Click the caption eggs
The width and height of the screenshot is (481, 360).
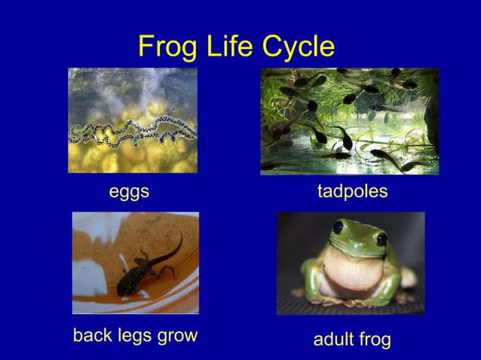[x=129, y=192]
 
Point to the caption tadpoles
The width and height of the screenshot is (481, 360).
[x=352, y=192]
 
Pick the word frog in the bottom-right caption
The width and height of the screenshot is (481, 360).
[x=375, y=340]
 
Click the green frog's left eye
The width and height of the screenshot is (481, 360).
[x=339, y=227]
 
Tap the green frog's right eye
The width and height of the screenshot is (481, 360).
[x=381, y=239]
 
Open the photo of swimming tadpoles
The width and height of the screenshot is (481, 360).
[x=349, y=121]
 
